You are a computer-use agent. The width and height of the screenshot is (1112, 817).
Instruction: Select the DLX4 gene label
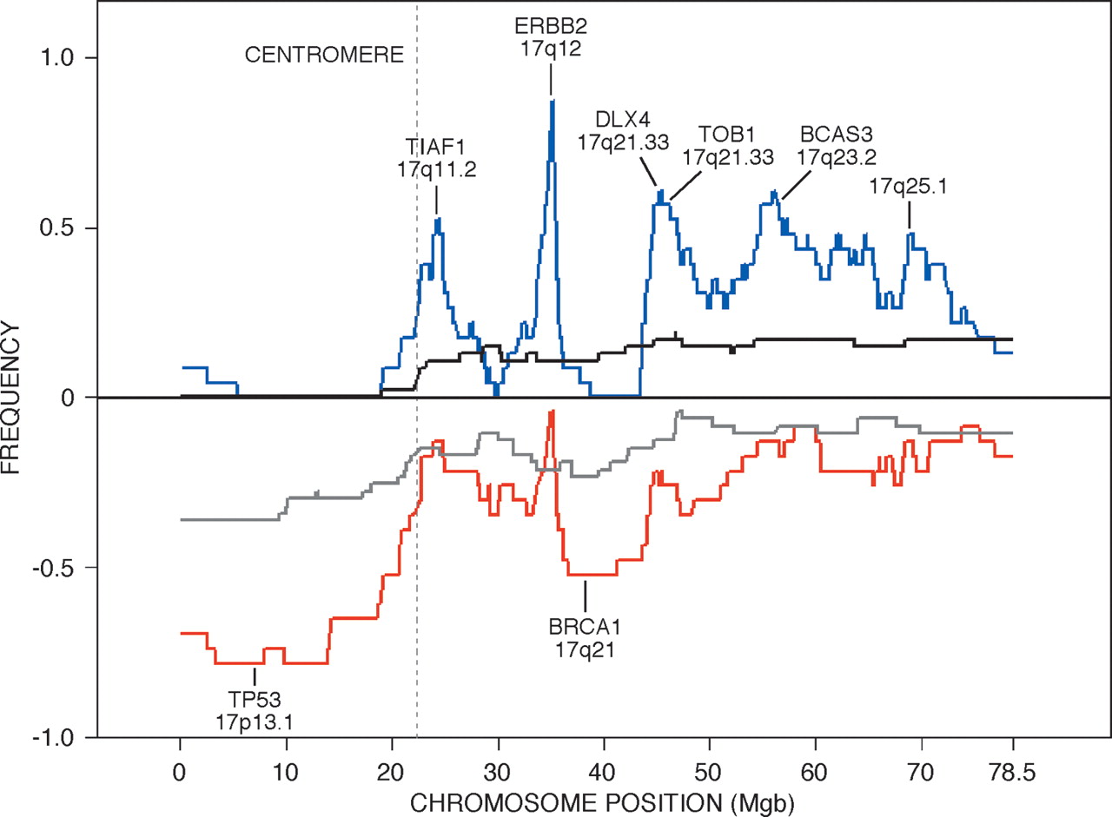click(622, 118)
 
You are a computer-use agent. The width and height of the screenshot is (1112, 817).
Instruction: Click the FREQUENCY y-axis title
click(12, 398)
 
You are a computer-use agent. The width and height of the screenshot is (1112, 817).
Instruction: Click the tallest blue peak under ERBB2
click(551, 102)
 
